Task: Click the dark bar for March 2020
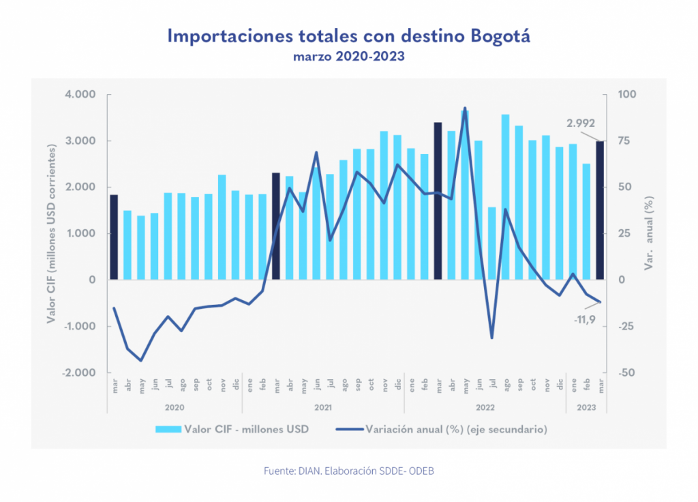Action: coord(114,237)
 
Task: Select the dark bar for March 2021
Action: coord(276,226)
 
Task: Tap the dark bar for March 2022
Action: coord(438,201)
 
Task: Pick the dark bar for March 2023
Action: coord(600,210)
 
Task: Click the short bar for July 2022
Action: coord(491,243)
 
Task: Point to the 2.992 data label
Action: coord(581,123)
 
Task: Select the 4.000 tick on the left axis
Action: coord(80,95)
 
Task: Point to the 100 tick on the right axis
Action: coord(625,95)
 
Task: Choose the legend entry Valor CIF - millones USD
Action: coord(232,430)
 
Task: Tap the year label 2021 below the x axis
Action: coord(323,408)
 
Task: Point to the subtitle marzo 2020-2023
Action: coord(349,57)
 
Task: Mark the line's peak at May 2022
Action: coord(465,108)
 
